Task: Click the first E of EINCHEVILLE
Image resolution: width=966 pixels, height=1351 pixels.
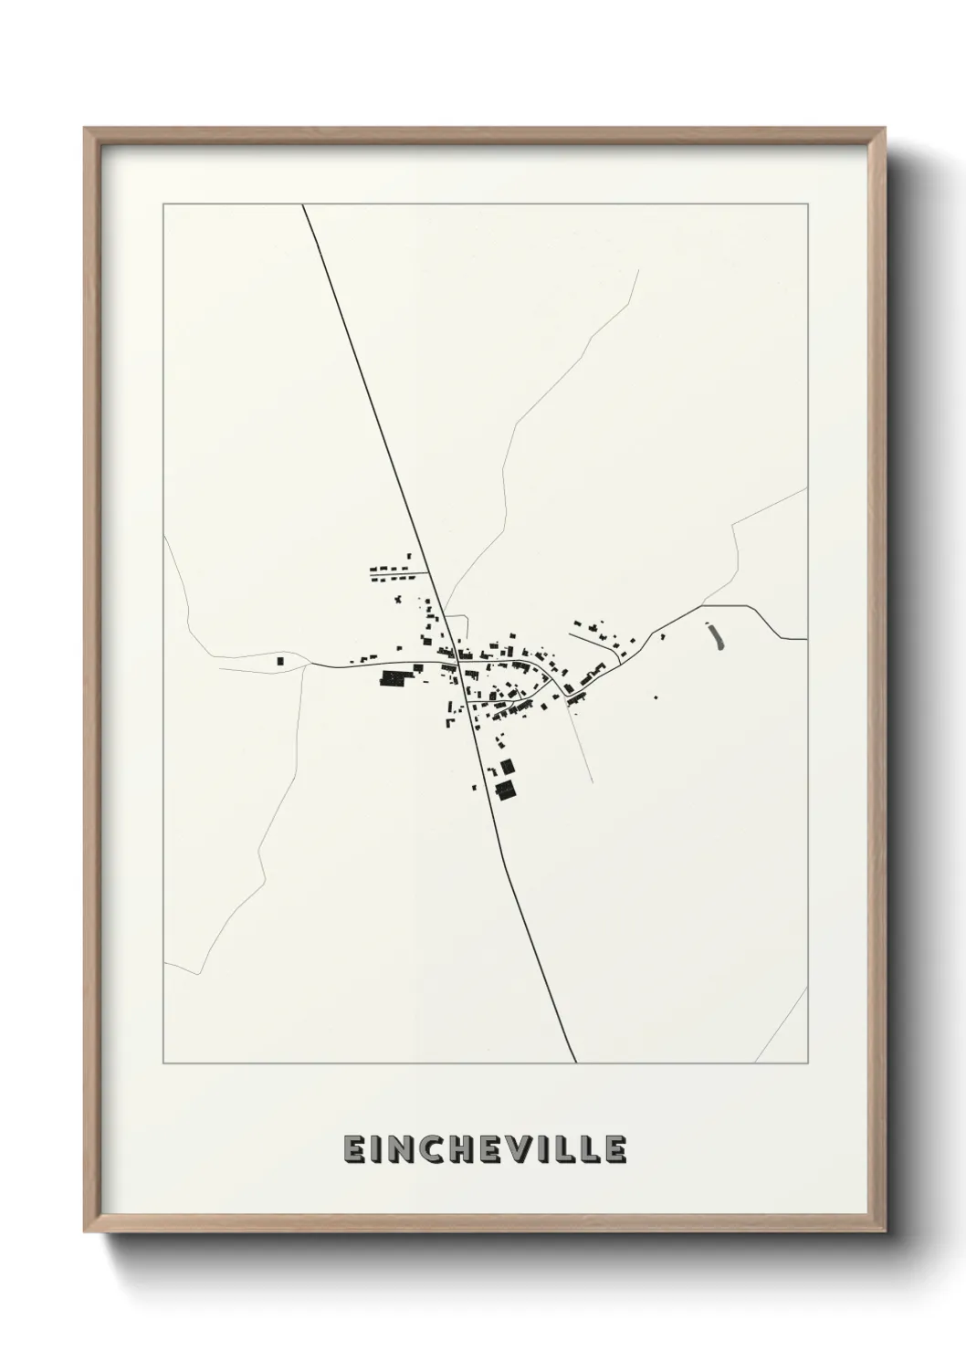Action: pyautogui.click(x=352, y=1150)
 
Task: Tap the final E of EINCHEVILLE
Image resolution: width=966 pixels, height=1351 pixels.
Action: pyautogui.click(x=614, y=1150)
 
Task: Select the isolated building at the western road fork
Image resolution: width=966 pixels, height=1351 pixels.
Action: pyautogui.click(x=280, y=659)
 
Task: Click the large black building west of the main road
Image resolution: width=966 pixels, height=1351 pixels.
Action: pyautogui.click(x=393, y=678)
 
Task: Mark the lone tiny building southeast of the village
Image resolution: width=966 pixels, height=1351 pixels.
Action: pyautogui.click(x=655, y=697)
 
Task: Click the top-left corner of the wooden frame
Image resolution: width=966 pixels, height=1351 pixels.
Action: pyautogui.click(x=86, y=130)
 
